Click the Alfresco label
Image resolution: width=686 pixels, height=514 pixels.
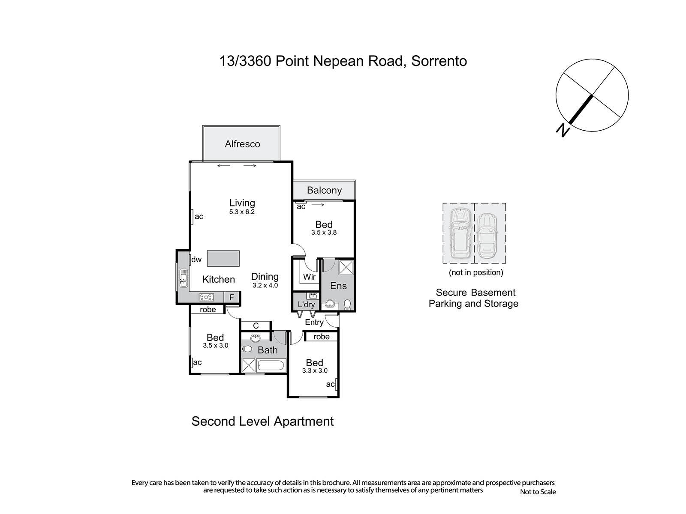coord(242,144)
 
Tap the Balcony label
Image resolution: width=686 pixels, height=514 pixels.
coord(324,190)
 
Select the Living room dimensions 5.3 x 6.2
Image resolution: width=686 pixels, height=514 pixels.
coord(242,212)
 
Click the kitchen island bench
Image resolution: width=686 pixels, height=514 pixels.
coord(223,258)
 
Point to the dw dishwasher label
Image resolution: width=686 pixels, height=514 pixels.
coord(196,259)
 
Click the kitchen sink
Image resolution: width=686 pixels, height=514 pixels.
coord(184,278)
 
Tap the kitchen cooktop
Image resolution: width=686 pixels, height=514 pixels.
coord(206,297)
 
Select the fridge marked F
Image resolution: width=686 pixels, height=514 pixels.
coord(232,297)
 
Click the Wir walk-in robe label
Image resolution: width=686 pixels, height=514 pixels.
coord(309,277)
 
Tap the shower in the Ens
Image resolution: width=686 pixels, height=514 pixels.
coord(346,267)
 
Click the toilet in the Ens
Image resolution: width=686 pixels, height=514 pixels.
coord(347,304)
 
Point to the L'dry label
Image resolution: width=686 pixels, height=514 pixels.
coord(306,305)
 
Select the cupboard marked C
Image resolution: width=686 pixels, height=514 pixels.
coord(256,326)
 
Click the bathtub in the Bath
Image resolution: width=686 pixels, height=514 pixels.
coord(271,365)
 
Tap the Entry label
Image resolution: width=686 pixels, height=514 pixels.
coord(314,323)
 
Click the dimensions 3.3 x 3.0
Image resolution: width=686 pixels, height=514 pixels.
coord(315,371)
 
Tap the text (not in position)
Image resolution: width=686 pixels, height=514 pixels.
coord(476,272)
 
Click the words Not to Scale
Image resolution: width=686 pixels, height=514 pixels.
coord(538,492)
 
